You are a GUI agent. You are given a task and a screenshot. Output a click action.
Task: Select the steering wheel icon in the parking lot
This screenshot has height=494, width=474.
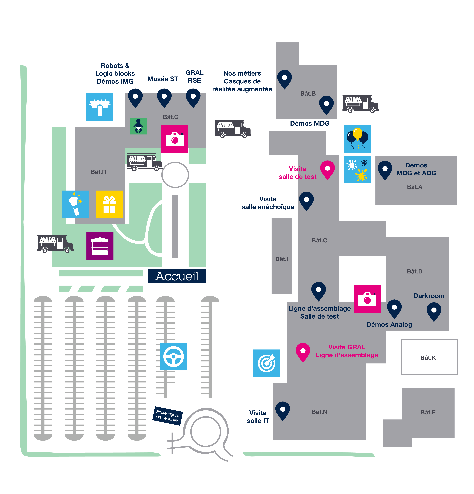[x=174, y=356]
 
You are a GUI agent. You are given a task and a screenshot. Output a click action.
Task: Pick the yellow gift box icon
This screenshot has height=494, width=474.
[x=109, y=204]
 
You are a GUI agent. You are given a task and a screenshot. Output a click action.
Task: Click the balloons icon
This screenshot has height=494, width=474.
[x=357, y=139]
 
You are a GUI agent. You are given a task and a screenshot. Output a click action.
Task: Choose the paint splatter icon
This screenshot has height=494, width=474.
[x=357, y=169]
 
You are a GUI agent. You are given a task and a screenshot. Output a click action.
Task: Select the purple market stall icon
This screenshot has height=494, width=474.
[x=100, y=246]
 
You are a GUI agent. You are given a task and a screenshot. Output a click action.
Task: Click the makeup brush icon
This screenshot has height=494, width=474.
[x=75, y=204]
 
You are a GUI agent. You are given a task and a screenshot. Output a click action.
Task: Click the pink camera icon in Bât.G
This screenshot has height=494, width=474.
[x=175, y=139]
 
